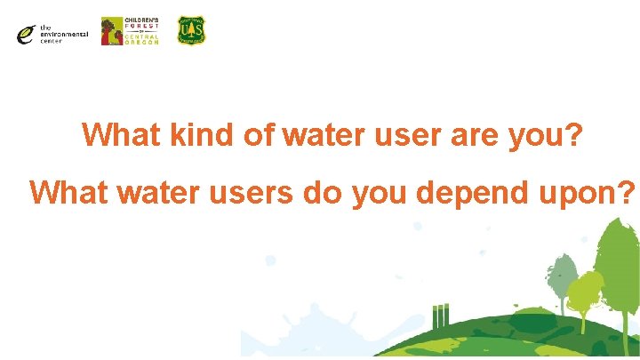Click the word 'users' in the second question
coord(249,191)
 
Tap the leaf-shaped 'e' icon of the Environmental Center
coord(26,34)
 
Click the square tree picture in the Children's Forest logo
coord(112,31)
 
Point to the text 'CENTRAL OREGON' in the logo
coord(143,39)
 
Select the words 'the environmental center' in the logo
coord(63,35)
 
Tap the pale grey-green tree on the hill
coord(560,276)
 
